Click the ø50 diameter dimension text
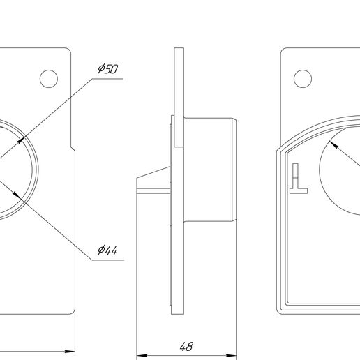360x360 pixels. (x=107, y=69)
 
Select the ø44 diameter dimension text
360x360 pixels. (x=107, y=250)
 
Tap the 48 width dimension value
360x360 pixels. (x=186, y=345)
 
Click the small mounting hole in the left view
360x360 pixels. (x=48, y=78)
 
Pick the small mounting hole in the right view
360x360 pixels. (x=302, y=78)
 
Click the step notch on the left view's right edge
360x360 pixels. (x=73, y=147)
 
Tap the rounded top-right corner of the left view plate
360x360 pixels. (x=69, y=51)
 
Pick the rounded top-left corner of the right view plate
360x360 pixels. (x=284, y=52)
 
